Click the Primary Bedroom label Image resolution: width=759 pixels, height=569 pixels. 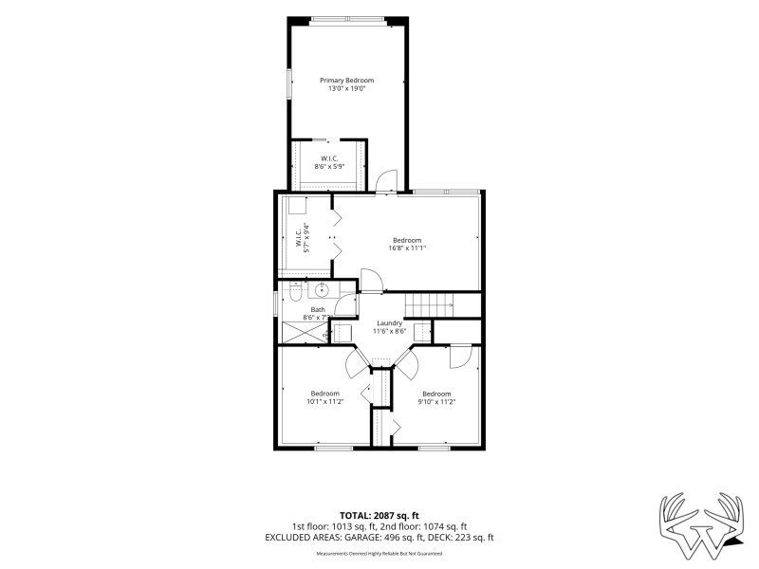tap(346, 81)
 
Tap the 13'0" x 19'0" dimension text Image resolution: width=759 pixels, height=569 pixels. tap(346, 89)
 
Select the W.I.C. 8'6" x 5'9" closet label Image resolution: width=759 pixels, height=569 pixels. tap(329, 162)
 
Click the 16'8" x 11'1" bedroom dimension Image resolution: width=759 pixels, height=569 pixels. tap(407, 248)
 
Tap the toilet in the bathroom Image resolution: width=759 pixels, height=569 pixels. tap(295, 292)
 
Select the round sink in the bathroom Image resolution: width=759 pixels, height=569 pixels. tap(322, 290)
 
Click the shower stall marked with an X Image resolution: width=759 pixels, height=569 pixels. tap(305, 333)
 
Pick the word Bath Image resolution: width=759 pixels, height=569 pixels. tap(318, 310)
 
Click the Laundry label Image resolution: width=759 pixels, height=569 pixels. tap(390, 323)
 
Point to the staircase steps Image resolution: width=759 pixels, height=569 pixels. tap(430, 305)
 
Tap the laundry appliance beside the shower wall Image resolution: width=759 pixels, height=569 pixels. tap(343, 334)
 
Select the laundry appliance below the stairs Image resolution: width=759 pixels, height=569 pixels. tap(422, 333)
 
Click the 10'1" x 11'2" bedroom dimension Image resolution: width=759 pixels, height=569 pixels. tap(324, 401)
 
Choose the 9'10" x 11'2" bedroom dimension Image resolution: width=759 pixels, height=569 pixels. tap(436, 401)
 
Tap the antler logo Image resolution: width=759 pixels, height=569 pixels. tap(701, 526)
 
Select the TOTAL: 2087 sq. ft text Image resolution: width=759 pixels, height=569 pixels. tap(379, 515)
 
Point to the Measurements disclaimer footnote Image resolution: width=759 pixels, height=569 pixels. tap(379, 554)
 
